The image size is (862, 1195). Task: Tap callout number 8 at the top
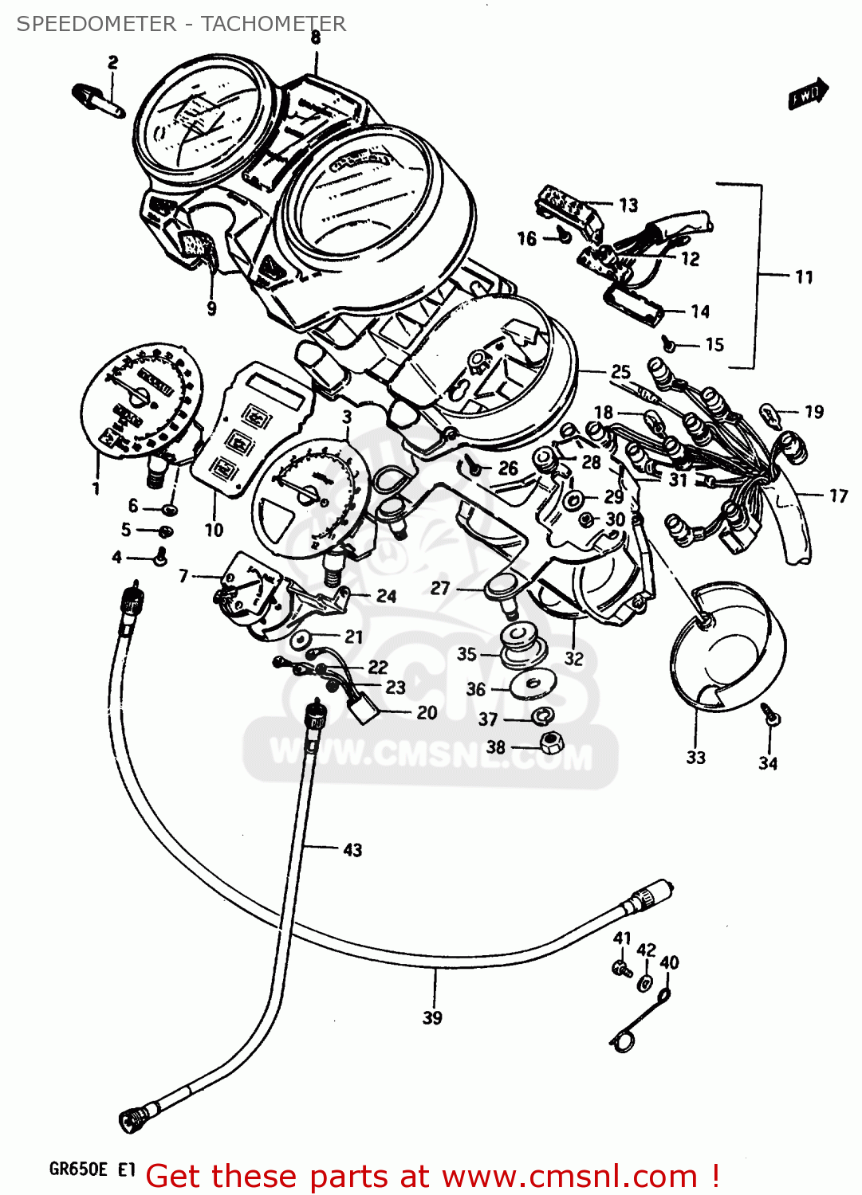pos(316,37)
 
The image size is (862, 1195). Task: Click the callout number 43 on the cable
pos(352,850)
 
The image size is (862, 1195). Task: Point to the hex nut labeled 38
pos(551,744)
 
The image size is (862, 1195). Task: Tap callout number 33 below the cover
pos(696,757)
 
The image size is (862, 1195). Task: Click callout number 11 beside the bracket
pos(804,277)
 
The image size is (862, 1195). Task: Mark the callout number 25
pos(620,372)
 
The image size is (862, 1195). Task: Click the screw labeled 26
pos(474,468)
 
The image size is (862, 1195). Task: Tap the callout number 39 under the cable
pos(432,1017)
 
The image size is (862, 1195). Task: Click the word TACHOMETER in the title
pos(273,24)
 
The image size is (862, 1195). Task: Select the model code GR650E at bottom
pos(78,1169)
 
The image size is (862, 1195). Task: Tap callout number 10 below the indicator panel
pos(214,530)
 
